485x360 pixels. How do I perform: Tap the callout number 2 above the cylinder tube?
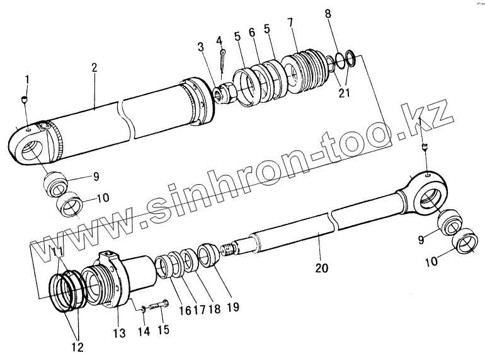pyautogui.click(x=93, y=67)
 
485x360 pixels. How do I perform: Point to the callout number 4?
pyautogui.click(x=219, y=40)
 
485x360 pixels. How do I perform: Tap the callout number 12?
pyautogui.click(x=77, y=347)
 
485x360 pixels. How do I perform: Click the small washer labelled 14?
pyautogui.click(x=143, y=308)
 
